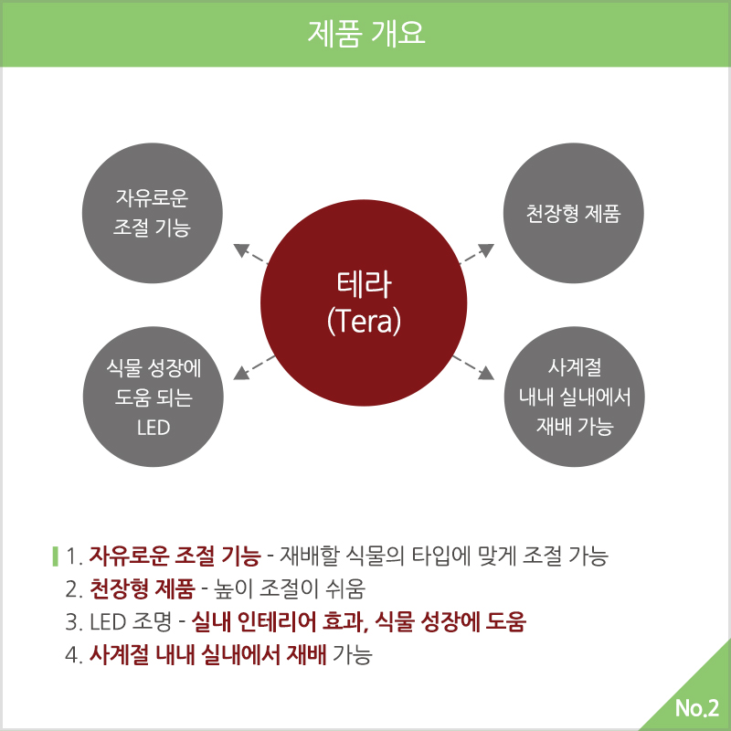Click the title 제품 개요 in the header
click(x=366, y=34)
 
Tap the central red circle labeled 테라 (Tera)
click(x=364, y=303)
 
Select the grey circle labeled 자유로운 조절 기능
click(x=153, y=213)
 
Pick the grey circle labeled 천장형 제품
click(x=574, y=213)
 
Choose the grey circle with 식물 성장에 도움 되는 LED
click(x=154, y=397)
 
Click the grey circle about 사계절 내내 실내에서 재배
click(x=575, y=397)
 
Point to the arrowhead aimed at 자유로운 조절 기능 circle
click(x=241, y=250)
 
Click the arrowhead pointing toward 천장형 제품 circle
click(x=486, y=250)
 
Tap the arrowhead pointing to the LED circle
click(x=241, y=373)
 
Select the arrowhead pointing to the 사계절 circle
click(x=486, y=373)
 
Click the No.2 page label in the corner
click(x=697, y=707)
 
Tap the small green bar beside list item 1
click(x=56, y=556)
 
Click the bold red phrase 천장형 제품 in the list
click(x=142, y=588)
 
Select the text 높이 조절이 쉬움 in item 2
click(x=289, y=588)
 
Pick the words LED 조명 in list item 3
click(x=131, y=622)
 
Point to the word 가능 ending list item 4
click(x=353, y=654)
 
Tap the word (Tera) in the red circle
click(x=364, y=322)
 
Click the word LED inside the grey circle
click(x=154, y=428)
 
